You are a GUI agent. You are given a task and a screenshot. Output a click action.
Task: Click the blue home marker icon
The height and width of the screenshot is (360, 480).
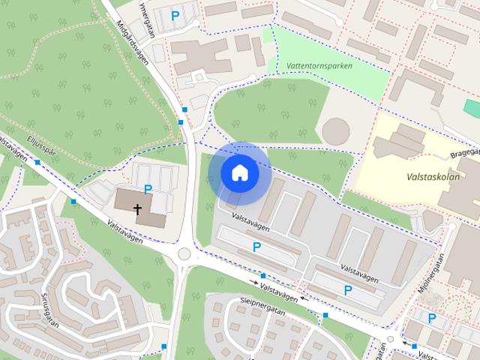click(239, 172)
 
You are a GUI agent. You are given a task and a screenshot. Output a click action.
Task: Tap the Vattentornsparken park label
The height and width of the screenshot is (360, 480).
click(319, 66)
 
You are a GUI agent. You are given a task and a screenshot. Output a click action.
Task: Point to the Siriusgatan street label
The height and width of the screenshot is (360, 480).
click(50, 308)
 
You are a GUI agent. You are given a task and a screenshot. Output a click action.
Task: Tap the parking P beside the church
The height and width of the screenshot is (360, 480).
click(148, 190)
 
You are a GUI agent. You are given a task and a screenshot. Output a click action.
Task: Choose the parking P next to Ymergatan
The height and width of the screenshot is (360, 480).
click(175, 14)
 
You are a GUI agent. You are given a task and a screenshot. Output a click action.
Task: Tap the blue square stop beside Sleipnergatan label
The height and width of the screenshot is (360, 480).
click(325, 315)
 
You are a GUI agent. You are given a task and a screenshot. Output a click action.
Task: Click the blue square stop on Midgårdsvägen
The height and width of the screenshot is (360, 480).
click(181, 121)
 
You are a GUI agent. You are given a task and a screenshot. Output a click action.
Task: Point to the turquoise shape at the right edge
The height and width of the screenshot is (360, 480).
click(472, 107)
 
